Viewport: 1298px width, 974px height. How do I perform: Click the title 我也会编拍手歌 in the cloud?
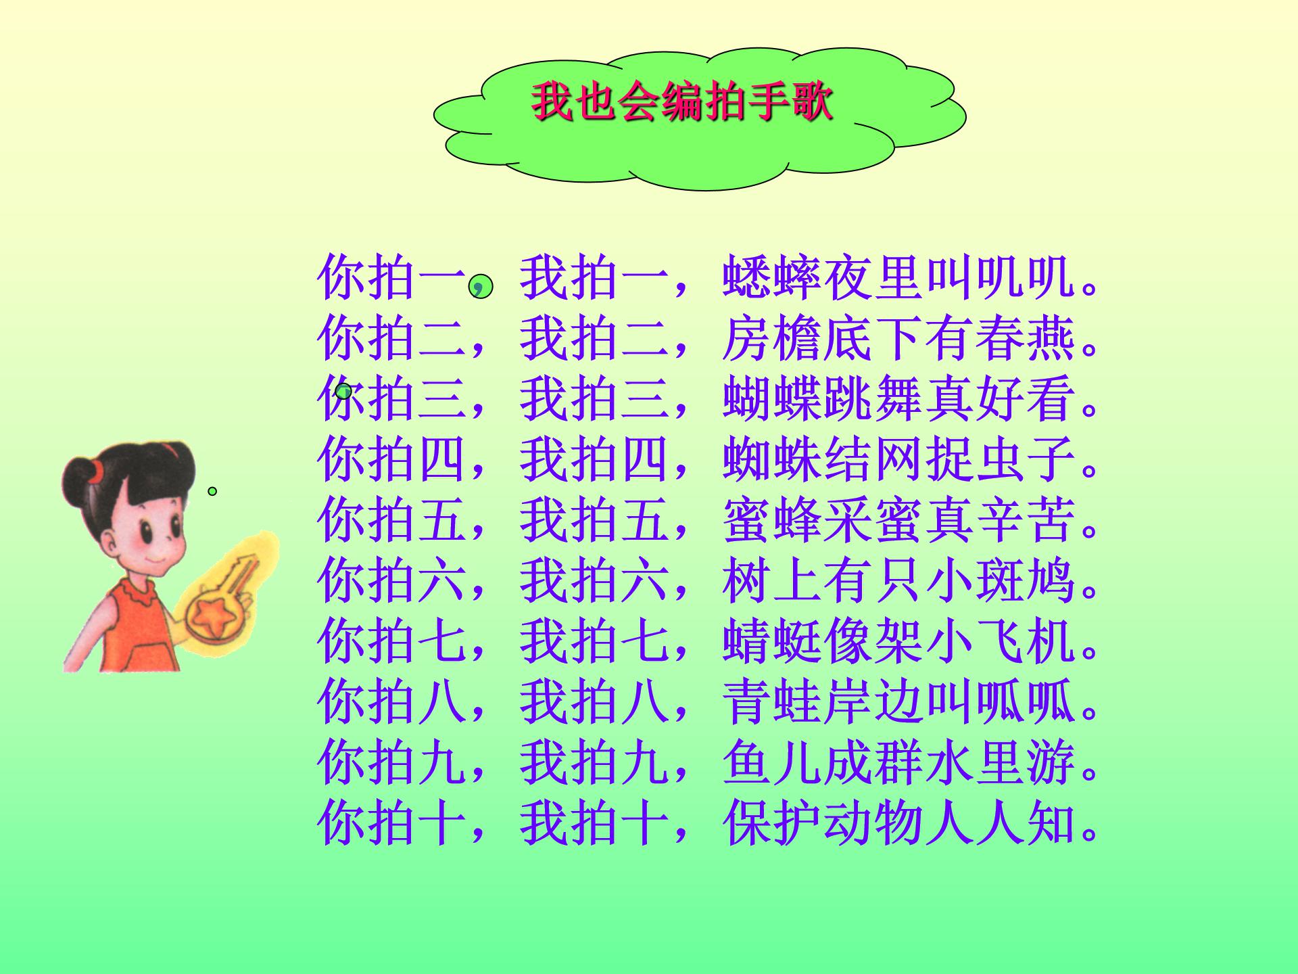coord(681,103)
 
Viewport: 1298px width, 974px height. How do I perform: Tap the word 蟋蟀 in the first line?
coord(772,277)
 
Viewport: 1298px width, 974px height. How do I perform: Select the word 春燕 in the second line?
coord(1026,338)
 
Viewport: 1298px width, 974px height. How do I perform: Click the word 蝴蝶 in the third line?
coord(772,399)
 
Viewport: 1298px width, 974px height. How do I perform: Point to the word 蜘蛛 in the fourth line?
coord(772,460)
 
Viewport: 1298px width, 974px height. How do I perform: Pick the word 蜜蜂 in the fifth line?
coord(772,521)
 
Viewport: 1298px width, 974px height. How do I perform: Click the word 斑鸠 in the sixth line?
coord(1026,582)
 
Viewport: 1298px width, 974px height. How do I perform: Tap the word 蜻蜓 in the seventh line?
coord(772,643)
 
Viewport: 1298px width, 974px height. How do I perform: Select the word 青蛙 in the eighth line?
coord(772,703)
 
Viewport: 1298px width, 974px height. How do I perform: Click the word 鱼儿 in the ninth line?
coord(772,764)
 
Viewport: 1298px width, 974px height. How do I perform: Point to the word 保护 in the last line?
coord(772,825)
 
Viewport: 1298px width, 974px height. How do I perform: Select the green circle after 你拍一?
coord(481,286)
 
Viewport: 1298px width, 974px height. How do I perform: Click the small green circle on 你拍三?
coord(344,391)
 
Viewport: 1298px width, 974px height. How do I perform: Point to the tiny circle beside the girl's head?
coord(212,491)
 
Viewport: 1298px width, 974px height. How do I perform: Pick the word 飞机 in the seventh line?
coord(1026,643)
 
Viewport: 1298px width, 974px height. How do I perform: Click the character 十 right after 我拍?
coord(646,825)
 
